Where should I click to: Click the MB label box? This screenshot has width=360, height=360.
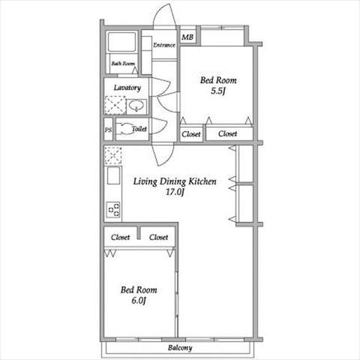pyautogui.click(x=187, y=37)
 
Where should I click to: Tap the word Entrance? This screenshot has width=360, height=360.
pyautogui.click(x=164, y=45)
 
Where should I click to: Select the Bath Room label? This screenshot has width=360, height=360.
pyautogui.click(x=123, y=64)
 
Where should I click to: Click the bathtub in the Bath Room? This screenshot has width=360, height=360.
pyautogui.click(x=121, y=42)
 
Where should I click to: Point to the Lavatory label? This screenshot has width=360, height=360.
pyautogui.click(x=127, y=88)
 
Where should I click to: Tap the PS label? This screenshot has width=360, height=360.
pyautogui.click(x=108, y=130)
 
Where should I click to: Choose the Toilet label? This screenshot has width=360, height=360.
pyautogui.click(x=139, y=129)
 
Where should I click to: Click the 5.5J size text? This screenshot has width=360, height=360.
pyautogui.click(x=218, y=91)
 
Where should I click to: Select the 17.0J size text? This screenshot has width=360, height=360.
pyautogui.click(x=175, y=192)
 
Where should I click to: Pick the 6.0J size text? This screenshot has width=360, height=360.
pyautogui.click(x=139, y=301)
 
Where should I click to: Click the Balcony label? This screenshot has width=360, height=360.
pyautogui.click(x=180, y=348)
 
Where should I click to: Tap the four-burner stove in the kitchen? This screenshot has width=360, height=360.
pyautogui.click(x=113, y=209)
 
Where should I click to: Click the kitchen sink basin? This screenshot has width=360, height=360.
pyautogui.click(x=113, y=175)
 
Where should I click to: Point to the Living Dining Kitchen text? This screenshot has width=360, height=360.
pyautogui.click(x=175, y=181)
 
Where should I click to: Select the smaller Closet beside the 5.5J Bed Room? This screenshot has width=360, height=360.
pyautogui.click(x=191, y=134)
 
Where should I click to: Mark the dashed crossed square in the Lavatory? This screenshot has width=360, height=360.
pyautogui.click(x=115, y=105)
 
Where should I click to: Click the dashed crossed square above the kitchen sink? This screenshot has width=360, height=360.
pyautogui.click(x=113, y=155)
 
